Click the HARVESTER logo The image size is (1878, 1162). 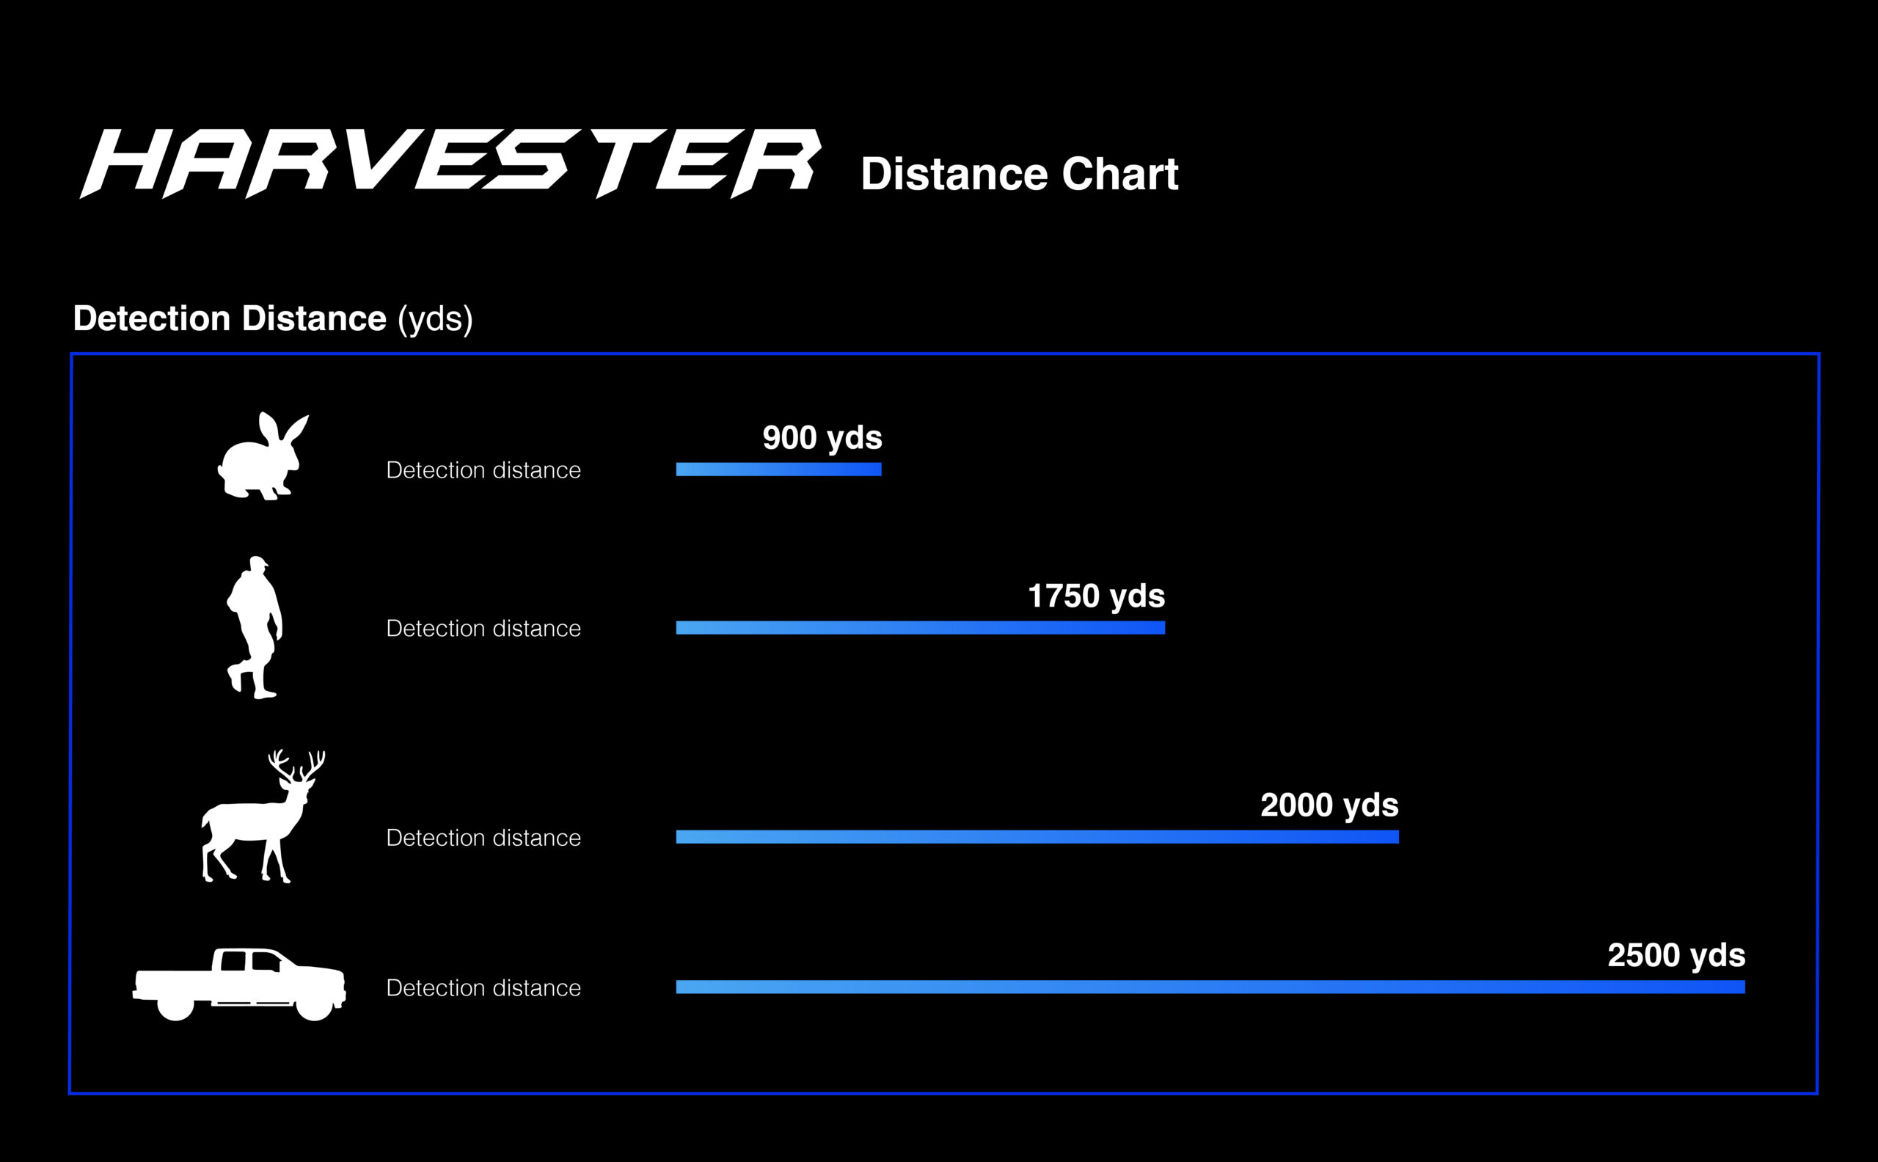(451, 163)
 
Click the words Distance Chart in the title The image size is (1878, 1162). (1019, 174)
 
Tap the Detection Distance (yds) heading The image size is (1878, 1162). (273, 318)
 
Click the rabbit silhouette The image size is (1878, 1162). (263, 456)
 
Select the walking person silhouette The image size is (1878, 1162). (255, 627)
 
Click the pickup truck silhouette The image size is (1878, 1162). (239, 984)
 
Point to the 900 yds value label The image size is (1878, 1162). (822, 438)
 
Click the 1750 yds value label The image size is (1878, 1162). (1097, 596)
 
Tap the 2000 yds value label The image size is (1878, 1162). (1329, 805)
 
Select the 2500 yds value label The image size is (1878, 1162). (1677, 955)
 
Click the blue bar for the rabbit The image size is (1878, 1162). (778, 469)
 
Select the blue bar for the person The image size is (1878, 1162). (921, 628)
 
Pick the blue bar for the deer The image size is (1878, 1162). (1037, 837)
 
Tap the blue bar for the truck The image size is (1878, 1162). (1210, 987)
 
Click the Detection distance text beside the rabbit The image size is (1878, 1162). (483, 470)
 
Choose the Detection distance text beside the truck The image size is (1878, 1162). (483, 988)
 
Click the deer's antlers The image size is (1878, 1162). (296, 767)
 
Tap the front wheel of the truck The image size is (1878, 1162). (314, 1003)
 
